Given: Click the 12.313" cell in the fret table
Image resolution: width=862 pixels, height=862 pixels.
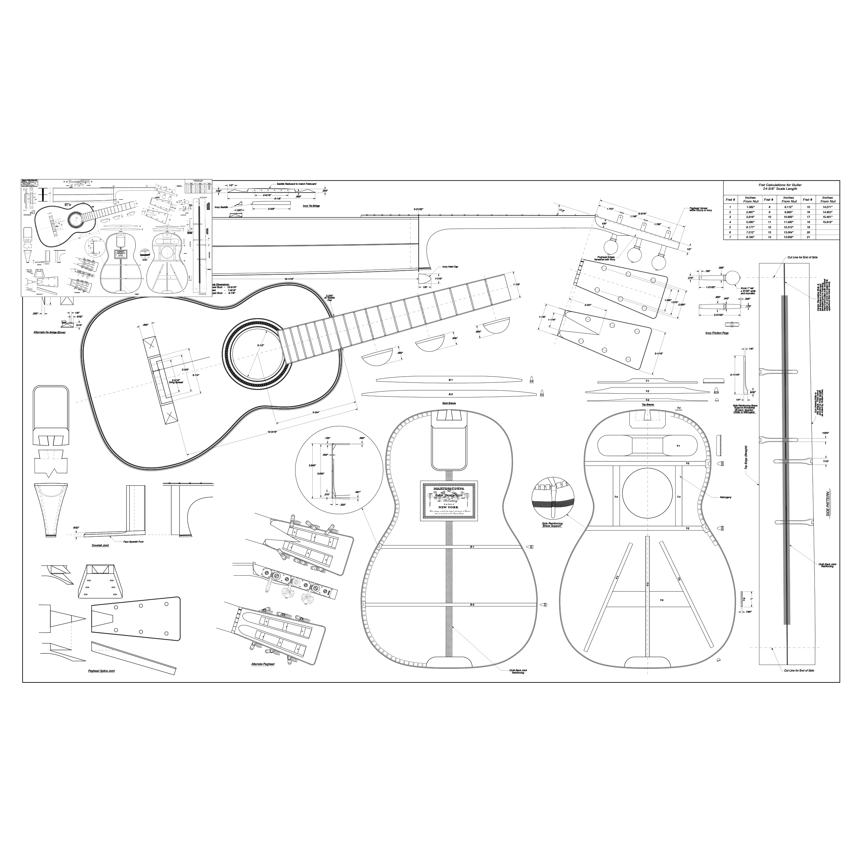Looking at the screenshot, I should click(x=788, y=227).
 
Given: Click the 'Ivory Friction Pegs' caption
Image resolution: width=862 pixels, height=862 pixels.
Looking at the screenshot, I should click(x=717, y=333).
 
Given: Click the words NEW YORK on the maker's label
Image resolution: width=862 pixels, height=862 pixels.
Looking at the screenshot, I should click(x=448, y=507).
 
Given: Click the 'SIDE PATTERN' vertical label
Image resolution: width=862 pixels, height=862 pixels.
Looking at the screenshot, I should click(x=827, y=504).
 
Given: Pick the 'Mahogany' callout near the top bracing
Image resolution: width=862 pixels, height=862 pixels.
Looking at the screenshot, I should click(x=726, y=497).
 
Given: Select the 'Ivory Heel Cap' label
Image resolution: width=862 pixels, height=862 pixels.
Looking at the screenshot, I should click(x=450, y=267).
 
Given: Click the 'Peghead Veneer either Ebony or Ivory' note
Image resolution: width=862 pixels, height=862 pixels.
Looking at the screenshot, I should click(x=701, y=209).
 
